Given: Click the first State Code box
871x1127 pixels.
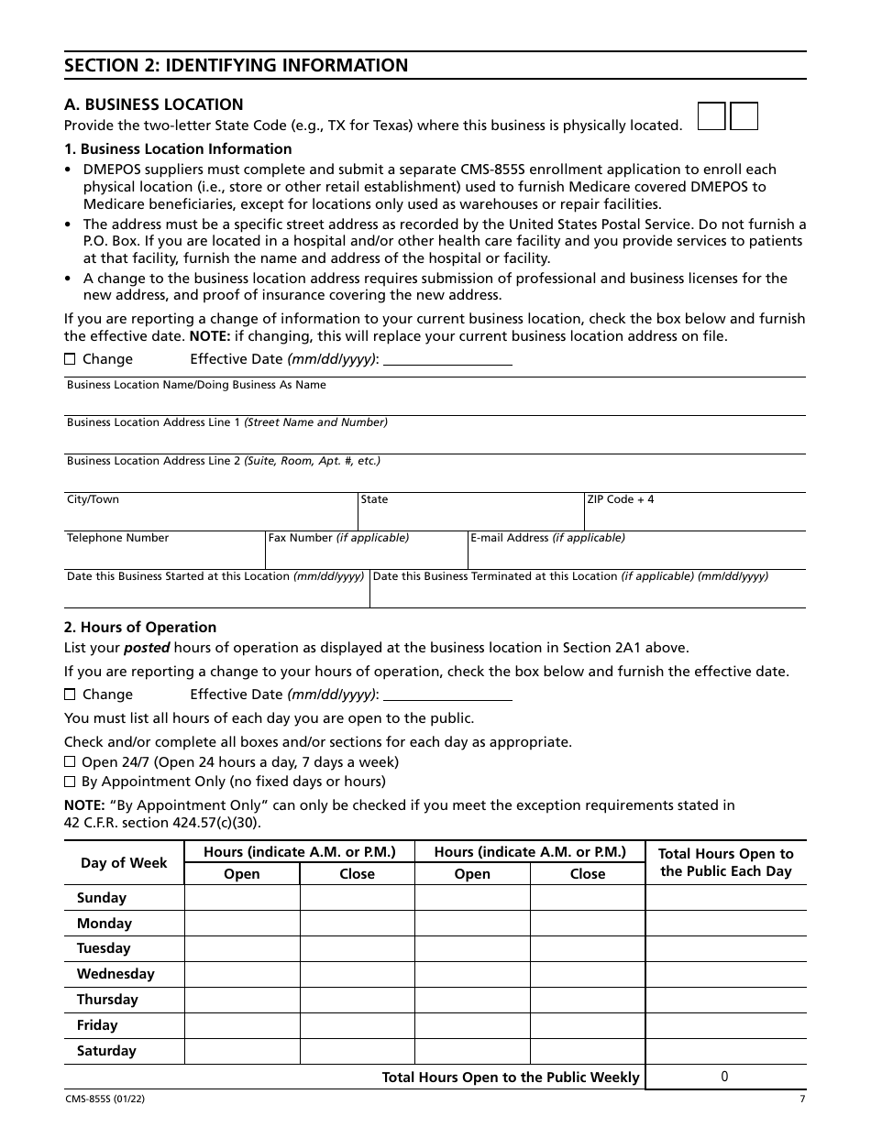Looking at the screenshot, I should (x=712, y=115).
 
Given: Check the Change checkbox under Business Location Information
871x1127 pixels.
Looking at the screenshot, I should (x=70, y=359).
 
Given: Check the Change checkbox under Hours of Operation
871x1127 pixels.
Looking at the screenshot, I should (x=70, y=695).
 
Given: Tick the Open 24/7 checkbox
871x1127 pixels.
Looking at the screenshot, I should (x=70, y=762).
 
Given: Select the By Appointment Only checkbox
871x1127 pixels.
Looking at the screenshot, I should (x=70, y=782).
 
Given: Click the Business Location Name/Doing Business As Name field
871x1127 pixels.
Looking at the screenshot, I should (x=435, y=403).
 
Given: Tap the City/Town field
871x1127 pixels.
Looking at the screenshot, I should (x=210, y=518).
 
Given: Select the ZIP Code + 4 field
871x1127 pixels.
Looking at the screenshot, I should (x=695, y=518).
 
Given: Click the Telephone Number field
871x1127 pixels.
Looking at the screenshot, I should (x=164, y=556).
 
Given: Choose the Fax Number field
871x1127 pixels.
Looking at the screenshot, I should (x=367, y=556).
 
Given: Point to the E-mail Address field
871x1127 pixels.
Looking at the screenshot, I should (x=636, y=556).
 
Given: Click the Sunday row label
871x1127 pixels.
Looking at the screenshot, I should (x=102, y=898).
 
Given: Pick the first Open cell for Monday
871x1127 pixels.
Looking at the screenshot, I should (x=242, y=924).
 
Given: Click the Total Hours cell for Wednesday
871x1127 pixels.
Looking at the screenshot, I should (x=725, y=974).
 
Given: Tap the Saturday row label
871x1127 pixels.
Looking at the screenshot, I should (x=106, y=1051).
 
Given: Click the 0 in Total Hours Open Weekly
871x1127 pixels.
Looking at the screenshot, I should (x=724, y=1078).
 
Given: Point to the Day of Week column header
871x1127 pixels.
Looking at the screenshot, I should (x=124, y=863).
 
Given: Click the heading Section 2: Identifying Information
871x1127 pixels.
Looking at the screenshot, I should (x=237, y=65).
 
